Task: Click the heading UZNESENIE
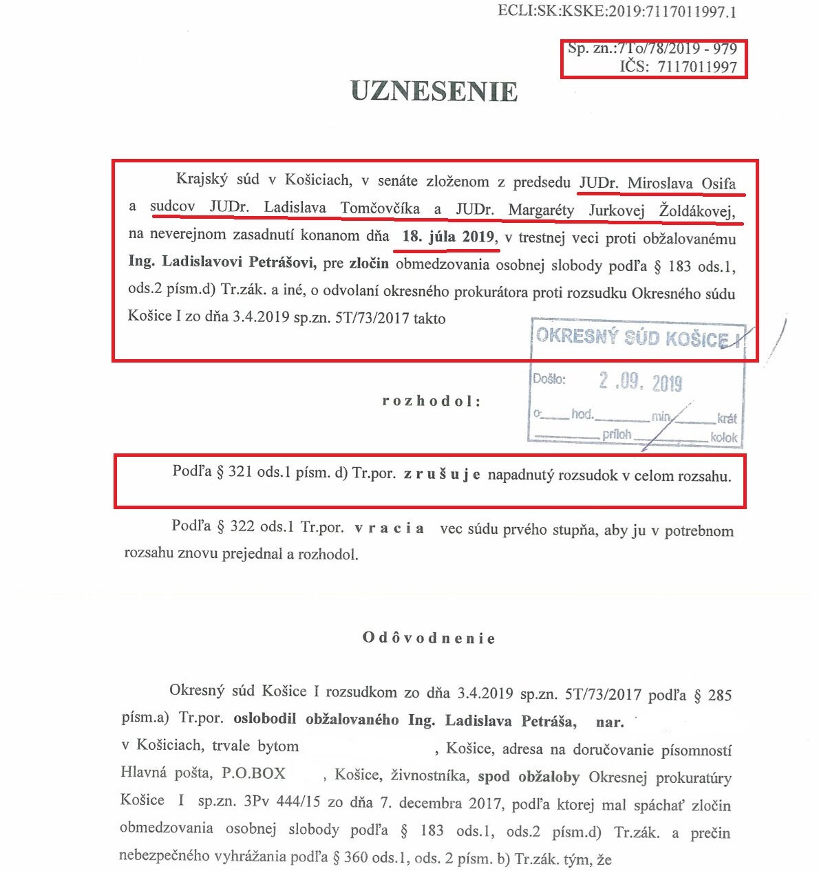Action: pyautogui.click(x=434, y=92)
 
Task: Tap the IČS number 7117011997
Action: pyautogui.click(x=697, y=67)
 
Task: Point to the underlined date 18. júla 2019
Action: pyautogui.click(x=448, y=237)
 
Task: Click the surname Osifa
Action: pyautogui.click(x=719, y=184)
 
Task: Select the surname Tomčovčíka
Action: pyautogui.click(x=380, y=208)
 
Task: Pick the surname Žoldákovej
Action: pyautogui.click(x=696, y=211)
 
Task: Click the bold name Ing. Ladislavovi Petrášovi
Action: pyautogui.click(x=222, y=261)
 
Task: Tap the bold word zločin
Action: pyautogui.click(x=369, y=263)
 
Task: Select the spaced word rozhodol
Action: pyautogui.click(x=431, y=401)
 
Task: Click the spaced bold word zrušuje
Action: pyautogui.click(x=442, y=475)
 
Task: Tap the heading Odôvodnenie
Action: pyautogui.click(x=429, y=638)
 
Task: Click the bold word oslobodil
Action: pyautogui.click(x=264, y=719)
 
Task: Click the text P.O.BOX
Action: pyautogui.click(x=253, y=773)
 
